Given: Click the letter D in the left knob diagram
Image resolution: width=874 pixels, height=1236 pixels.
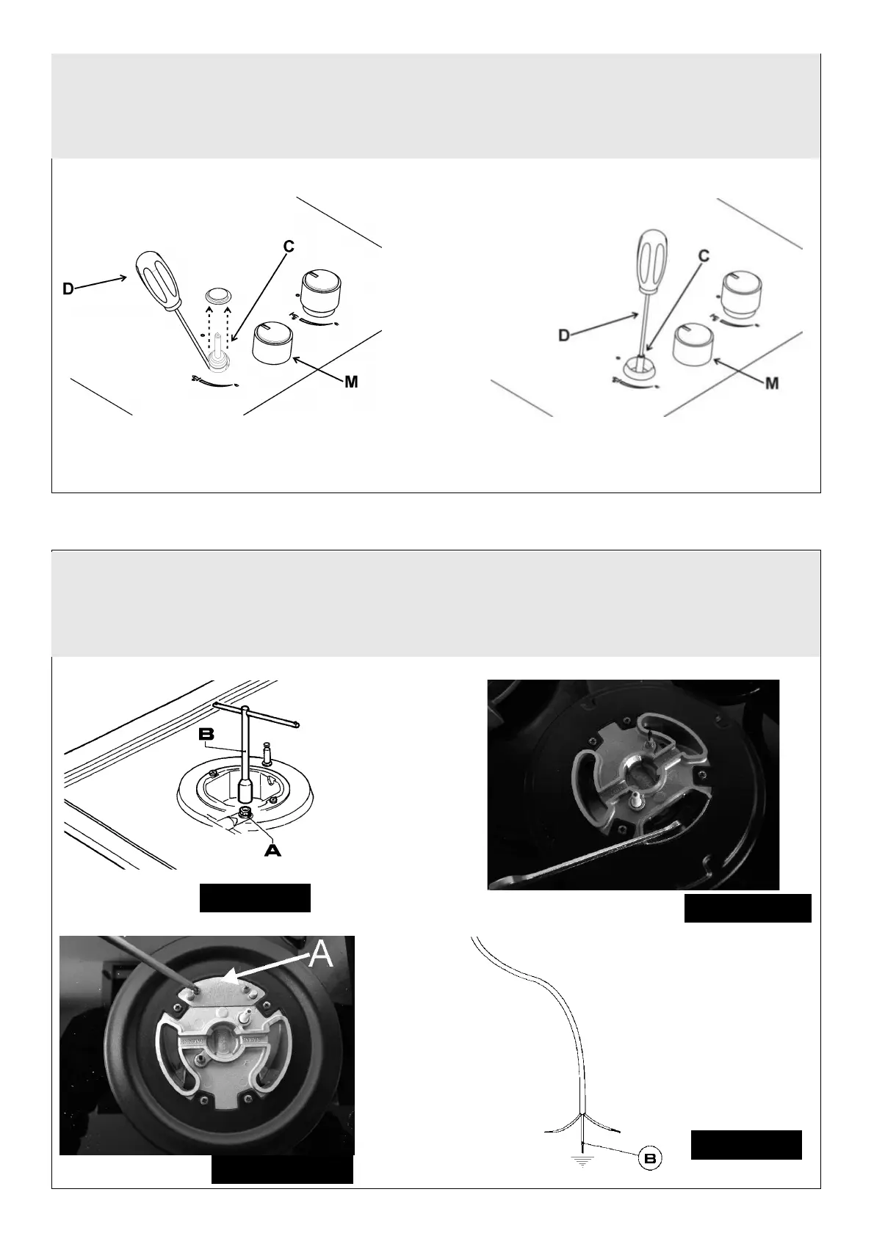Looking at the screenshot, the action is click(68, 288).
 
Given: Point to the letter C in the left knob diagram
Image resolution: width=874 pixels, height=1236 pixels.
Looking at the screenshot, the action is click(288, 247).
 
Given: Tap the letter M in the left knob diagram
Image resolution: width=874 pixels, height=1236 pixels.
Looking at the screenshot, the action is click(351, 381).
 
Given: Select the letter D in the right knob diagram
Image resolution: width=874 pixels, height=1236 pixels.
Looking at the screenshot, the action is click(564, 335).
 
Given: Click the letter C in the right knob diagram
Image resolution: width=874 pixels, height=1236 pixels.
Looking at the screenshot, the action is click(704, 255).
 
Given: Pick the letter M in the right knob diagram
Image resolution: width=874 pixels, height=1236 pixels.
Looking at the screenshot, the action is click(772, 382).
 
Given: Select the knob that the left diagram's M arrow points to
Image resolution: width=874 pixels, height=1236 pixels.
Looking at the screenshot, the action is click(272, 343).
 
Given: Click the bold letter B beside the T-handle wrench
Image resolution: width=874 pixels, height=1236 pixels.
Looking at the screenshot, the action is click(206, 734).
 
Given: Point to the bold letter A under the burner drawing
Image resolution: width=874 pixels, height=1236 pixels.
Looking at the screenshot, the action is click(272, 851).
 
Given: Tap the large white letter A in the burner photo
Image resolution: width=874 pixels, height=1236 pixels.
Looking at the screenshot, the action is click(321, 953).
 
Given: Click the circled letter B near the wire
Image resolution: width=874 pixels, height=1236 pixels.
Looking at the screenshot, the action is click(650, 1158).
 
